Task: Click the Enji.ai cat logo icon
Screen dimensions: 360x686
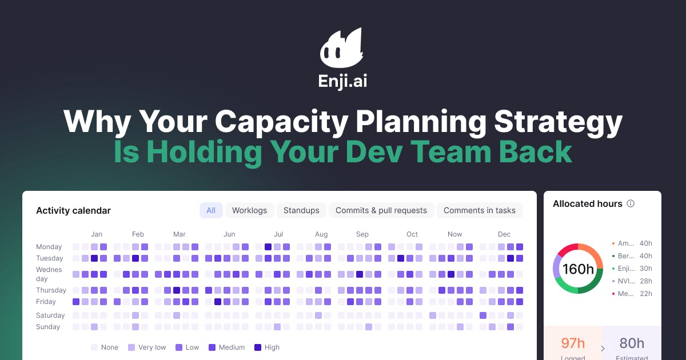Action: [342, 49]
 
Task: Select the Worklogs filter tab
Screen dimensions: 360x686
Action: [249, 210]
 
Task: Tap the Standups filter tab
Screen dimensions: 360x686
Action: [301, 210]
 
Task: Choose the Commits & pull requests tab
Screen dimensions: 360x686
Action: [381, 210]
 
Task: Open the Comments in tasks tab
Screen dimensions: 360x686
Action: [479, 210]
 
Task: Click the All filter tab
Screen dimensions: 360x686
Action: [211, 210]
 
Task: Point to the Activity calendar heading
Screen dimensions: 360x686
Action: [73, 211]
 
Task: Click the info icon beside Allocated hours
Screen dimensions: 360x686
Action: [631, 204]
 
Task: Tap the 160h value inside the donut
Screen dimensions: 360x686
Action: [578, 269]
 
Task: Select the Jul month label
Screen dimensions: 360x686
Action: [278, 234]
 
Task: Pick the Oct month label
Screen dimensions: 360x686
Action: [412, 234]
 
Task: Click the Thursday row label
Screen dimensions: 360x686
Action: [51, 290]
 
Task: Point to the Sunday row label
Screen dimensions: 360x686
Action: [48, 327]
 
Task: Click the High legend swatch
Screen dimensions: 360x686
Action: [257, 347]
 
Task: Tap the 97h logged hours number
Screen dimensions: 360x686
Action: [572, 343]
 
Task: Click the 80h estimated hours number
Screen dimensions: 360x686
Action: [632, 343]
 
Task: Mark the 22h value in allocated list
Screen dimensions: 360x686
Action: [645, 294]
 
